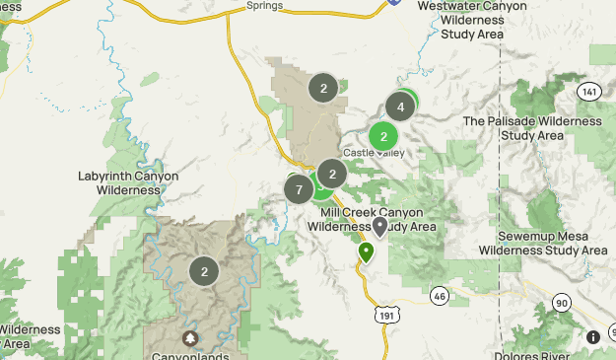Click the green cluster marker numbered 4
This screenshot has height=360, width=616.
[400, 107]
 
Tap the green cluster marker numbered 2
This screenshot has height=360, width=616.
[383, 136]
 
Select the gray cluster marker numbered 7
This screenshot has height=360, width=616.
[299, 188]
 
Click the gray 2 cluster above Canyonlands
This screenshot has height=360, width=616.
[204, 271]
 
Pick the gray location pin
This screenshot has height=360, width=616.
[380, 229]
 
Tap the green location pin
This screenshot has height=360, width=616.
[366, 252]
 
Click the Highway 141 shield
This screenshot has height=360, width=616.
[589, 92]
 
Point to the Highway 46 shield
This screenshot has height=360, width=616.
[439, 295]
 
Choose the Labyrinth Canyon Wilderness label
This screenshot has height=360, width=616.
[128, 182]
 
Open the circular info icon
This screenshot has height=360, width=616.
[593, 337]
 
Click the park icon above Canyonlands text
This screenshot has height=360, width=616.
[190, 338]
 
